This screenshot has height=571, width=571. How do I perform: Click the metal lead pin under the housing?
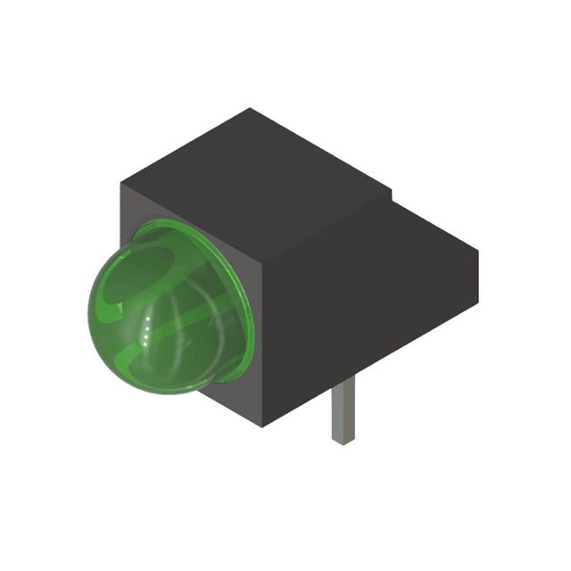click(343, 410)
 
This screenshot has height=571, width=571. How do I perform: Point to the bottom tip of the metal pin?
click(343, 441)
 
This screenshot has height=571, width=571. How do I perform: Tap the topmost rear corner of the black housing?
click(251, 109)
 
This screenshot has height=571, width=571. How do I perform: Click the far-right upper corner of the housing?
click(477, 252)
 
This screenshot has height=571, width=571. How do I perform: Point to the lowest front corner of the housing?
click(261, 426)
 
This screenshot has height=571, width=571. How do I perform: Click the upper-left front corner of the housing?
click(122, 183)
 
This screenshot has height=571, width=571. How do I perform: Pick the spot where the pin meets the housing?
click(343, 380)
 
